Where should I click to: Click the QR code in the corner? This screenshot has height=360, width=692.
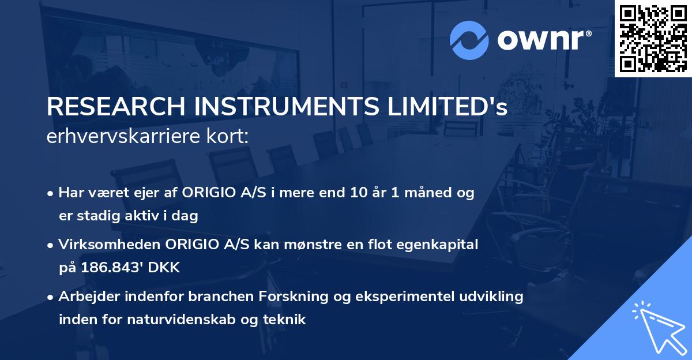click(x=653, y=38)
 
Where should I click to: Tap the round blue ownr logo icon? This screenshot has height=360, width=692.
click(x=469, y=40)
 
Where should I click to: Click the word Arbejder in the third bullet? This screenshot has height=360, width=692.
click(x=86, y=297)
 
